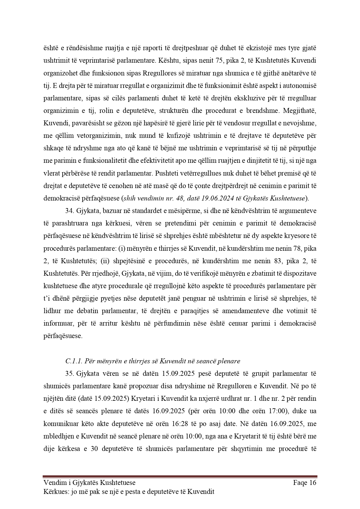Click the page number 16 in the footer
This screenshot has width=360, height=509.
(312, 483)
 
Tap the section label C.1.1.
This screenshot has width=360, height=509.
(74, 361)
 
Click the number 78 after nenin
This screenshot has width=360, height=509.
(296, 248)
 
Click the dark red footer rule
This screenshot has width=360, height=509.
(180, 476)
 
